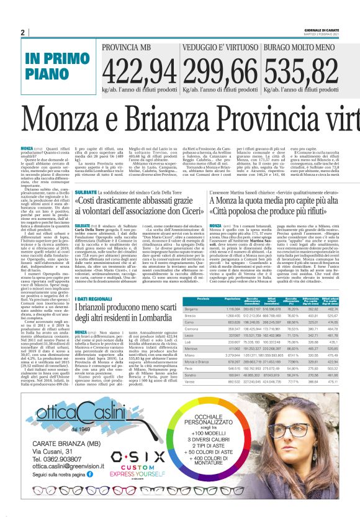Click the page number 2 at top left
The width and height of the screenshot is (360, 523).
click(22, 32)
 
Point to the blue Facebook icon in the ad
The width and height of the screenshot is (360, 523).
click(82, 491)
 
